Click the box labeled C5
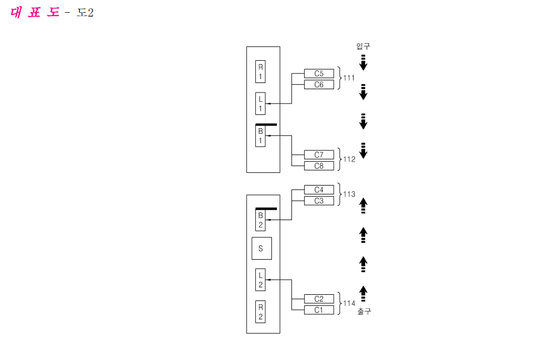319,74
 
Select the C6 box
319,85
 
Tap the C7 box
319,154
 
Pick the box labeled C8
319,166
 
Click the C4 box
319,189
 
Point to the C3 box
319,201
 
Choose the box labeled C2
319,299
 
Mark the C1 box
319,310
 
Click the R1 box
260,72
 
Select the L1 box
260,104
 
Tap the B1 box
260,136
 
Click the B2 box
260,220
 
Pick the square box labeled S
262,248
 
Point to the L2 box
260,280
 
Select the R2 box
260,312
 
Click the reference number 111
349,78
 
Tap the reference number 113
349,194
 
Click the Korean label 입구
363,46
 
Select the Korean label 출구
364,312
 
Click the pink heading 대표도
35,12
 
